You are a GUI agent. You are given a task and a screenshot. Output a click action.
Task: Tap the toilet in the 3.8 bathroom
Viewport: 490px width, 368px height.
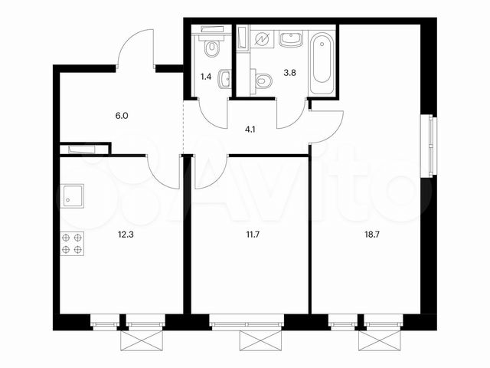point(262,80)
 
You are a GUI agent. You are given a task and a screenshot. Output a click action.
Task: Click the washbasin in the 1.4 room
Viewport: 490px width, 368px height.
point(224,80)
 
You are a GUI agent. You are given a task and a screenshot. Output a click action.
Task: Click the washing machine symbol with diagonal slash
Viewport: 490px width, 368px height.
point(262,38)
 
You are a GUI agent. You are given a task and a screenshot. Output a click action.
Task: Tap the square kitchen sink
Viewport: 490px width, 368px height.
point(73,197)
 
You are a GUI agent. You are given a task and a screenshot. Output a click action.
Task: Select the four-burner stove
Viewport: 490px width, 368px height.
point(71,243)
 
